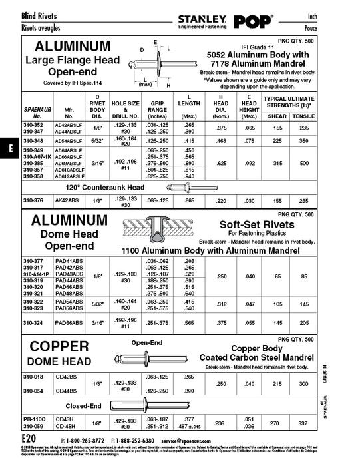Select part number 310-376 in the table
[33, 200]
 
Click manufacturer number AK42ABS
[67, 200]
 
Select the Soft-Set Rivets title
[257, 224]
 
